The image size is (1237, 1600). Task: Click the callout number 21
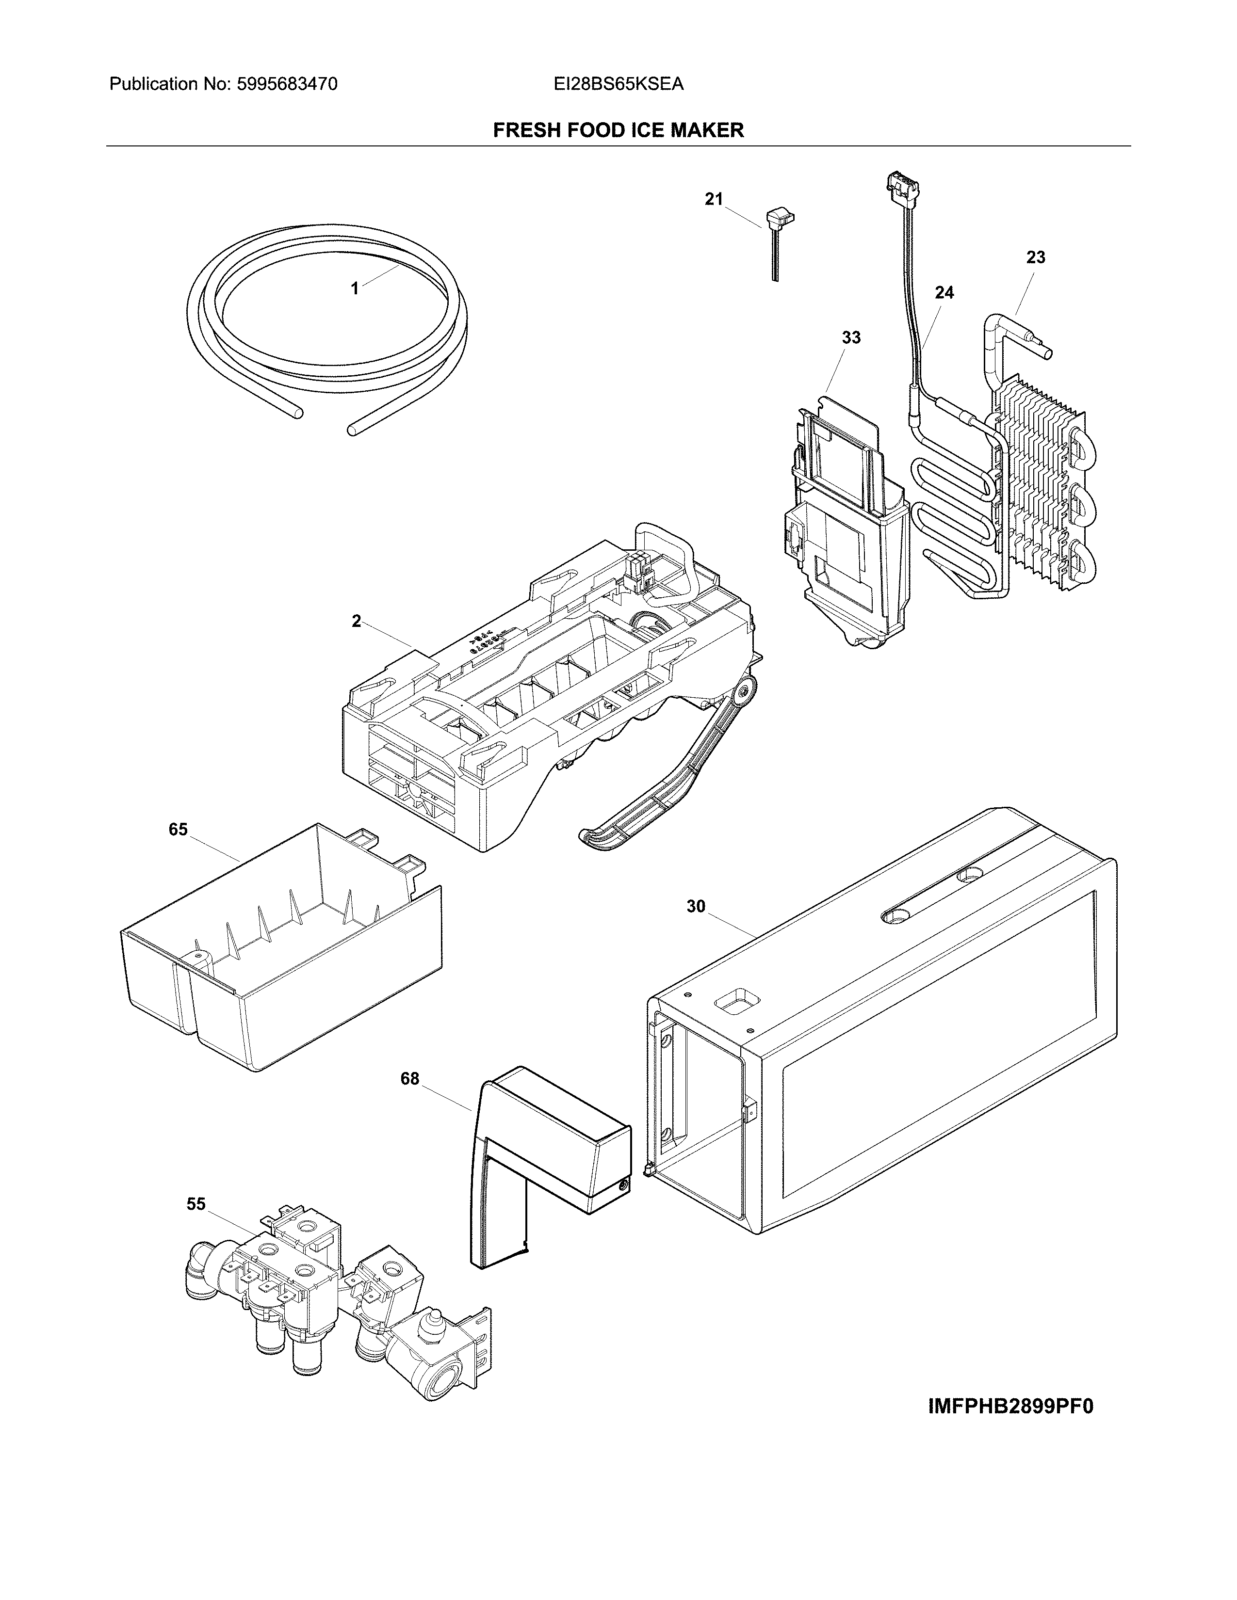click(713, 198)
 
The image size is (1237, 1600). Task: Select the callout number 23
click(1036, 257)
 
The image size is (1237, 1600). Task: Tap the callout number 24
click(944, 292)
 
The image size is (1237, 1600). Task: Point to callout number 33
click(851, 338)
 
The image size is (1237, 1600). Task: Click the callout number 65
click(178, 829)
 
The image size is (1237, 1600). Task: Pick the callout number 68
click(409, 1078)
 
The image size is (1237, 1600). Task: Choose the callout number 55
click(195, 1204)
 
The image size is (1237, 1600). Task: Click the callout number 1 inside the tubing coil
click(355, 288)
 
